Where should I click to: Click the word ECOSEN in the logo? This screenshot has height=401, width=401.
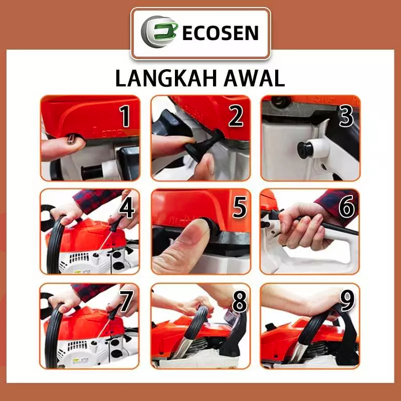(x=220, y=33)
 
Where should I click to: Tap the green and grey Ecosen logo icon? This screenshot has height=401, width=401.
(x=159, y=32)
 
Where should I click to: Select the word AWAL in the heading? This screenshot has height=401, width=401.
(x=254, y=78)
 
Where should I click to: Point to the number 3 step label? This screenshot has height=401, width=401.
(x=346, y=116)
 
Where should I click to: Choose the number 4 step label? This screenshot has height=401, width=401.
(x=127, y=207)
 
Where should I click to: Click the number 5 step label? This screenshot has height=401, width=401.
(x=240, y=207)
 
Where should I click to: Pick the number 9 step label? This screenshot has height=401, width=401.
(x=347, y=301)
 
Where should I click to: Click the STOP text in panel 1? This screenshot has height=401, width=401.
(x=112, y=133)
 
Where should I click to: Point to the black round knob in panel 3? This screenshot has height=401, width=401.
(x=305, y=149)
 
